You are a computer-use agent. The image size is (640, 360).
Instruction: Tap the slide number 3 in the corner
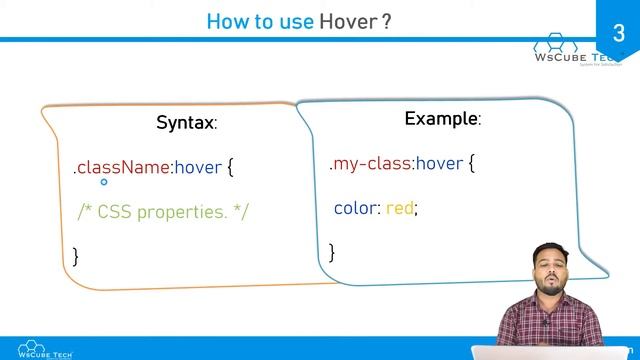coord(617,34)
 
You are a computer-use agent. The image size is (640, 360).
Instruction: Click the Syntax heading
coord(186,123)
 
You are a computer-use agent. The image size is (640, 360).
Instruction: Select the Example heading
coord(442,119)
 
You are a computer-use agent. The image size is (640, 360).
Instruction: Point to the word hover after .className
coord(197,167)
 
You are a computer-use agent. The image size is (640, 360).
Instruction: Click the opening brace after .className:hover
coord(230,166)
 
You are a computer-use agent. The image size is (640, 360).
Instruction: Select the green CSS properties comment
coord(163,211)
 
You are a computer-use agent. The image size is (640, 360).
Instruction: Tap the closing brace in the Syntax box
coord(76,255)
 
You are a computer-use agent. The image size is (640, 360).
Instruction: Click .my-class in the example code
coord(369,163)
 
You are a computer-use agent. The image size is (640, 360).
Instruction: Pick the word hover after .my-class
coord(439,163)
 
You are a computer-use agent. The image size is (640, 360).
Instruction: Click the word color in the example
coord(355,208)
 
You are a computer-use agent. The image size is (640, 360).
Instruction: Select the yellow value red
coord(399,208)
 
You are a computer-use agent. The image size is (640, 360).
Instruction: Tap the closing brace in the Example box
coord(332,251)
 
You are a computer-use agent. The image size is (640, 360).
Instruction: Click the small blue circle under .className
coord(103,183)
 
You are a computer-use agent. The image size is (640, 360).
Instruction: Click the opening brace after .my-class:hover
coord(472,162)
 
